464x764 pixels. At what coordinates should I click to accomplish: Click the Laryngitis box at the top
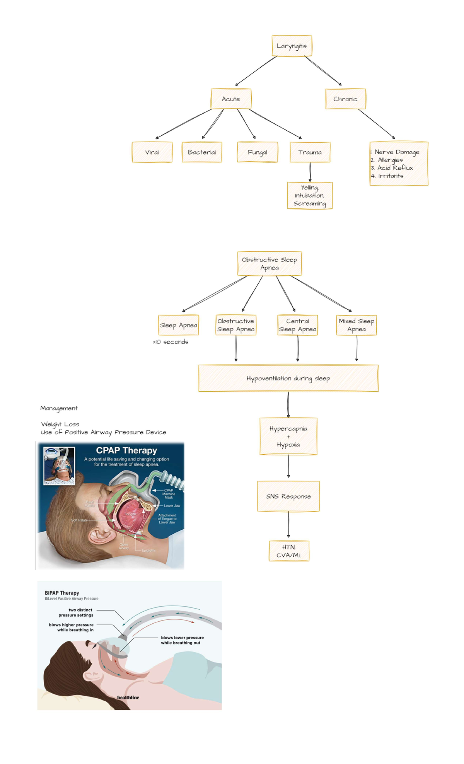(x=292, y=46)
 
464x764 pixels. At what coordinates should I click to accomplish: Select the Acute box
(x=231, y=99)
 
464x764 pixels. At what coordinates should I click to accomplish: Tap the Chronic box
(x=345, y=99)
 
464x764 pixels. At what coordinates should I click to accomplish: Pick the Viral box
(x=152, y=152)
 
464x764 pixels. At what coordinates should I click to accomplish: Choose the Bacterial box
(x=202, y=152)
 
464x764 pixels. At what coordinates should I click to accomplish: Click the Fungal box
(x=257, y=152)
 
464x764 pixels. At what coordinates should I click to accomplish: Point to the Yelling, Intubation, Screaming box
(x=310, y=196)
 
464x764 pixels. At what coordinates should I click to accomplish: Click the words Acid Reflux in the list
(x=395, y=168)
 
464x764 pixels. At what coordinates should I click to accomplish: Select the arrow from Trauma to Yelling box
(x=310, y=172)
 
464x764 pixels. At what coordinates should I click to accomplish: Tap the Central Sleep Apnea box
(x=298, y=325)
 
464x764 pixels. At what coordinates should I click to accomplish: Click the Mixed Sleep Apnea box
(x=356, y=325)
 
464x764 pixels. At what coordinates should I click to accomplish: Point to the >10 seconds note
(x=171, y=342)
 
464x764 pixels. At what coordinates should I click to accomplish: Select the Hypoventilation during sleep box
(x=288, y=378)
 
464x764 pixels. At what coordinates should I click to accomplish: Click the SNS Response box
(x=288, y=496)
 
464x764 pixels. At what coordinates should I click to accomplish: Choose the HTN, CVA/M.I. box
(x=289, y=551)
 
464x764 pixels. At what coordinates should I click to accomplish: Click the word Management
(x=59, y=408)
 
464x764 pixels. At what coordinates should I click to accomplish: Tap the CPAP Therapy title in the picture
(x=126, y=450)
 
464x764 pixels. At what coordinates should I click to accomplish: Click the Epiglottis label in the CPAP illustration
(x=148, y=550)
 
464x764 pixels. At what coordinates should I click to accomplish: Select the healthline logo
(x=128, y=697)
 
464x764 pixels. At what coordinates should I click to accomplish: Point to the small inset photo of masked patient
(x=59, y=466)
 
